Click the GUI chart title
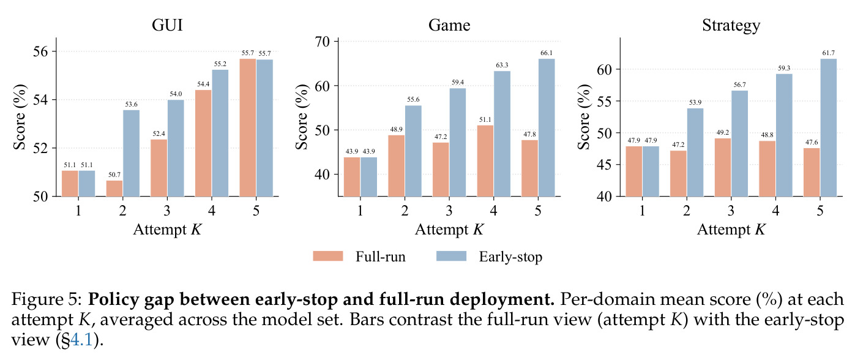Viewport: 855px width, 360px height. (167, 25)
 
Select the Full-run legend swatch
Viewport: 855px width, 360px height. (328, 256)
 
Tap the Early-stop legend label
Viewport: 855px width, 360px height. (510, 257)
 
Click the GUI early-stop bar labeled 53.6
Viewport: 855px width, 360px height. (132, 153)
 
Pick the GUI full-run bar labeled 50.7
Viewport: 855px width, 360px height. (114, 189)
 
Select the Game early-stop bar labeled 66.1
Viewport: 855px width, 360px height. (546, 127)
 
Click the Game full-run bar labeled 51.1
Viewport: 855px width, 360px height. (485, 161)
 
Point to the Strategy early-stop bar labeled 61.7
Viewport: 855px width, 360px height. (828, 127)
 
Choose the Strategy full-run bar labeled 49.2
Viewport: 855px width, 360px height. (723, 167)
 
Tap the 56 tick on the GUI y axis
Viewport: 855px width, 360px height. (40, 51)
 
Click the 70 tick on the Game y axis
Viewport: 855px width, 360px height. (322, 41)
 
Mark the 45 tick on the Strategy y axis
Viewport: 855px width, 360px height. (604, 165)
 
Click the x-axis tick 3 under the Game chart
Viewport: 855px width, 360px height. (449, 211)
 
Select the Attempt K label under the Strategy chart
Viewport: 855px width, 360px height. (731, 230)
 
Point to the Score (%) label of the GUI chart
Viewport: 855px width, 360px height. (20, 117)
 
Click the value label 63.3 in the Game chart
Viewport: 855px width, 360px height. (502, 66)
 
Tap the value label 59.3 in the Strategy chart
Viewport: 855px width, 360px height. (784, 69)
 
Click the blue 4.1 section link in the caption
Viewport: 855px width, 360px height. (81, 339)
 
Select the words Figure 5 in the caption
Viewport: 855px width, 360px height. (46, 299)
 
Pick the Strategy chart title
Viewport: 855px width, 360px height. (731, 26)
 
